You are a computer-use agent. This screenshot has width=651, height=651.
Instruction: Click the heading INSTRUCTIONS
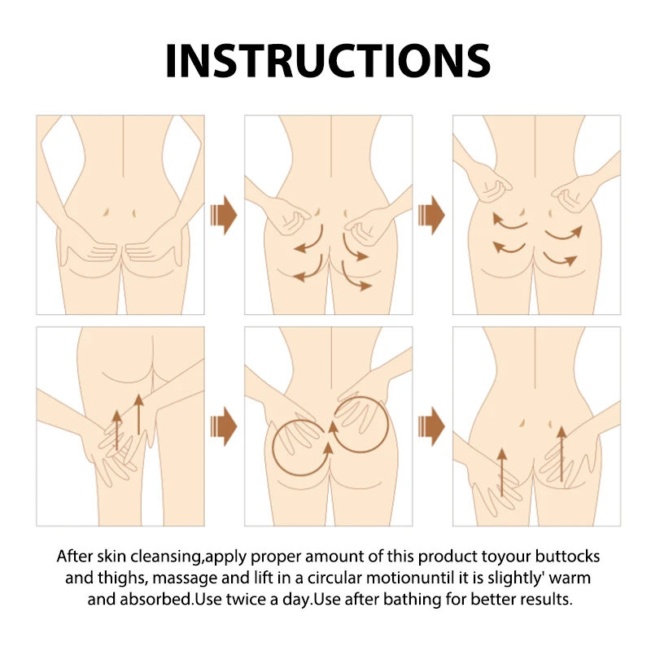point(328,60)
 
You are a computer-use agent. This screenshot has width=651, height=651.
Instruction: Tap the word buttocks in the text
point(567,557)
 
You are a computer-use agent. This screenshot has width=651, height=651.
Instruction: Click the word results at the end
point(546,600)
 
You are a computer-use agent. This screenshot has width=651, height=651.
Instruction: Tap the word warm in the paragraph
point(570,579)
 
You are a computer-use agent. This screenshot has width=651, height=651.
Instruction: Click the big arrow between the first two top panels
point(224,215)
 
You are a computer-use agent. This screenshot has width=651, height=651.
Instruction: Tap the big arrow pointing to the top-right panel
point(432,215)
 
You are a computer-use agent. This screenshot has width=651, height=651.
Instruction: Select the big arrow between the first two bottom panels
point(224,426)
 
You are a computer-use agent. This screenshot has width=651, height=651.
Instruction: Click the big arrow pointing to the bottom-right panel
point(432,426)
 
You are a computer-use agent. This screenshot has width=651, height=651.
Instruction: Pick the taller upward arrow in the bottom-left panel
point(138,414)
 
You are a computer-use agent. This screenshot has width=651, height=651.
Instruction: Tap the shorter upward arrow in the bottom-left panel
point(117,430)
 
